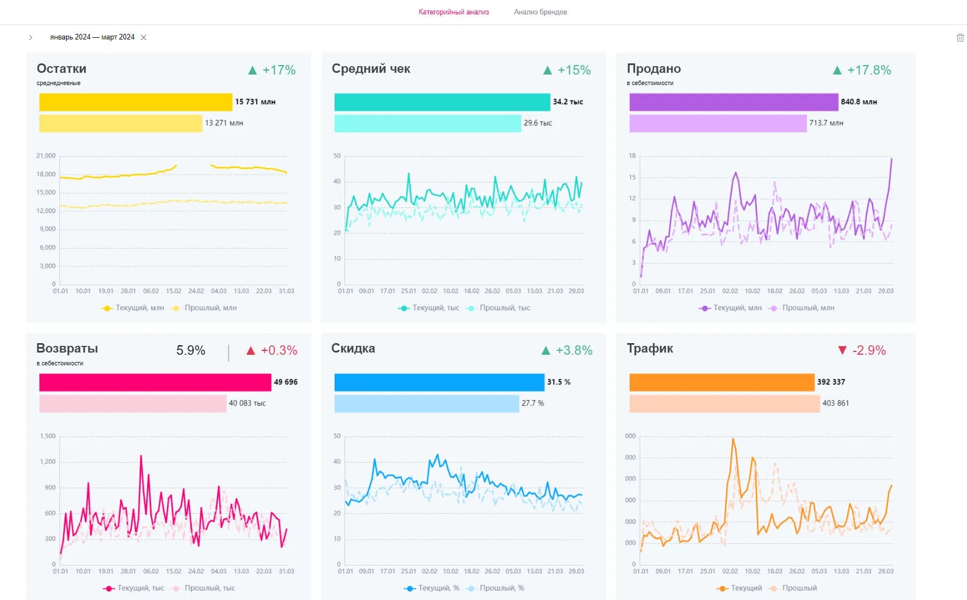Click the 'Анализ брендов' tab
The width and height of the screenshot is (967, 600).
tap(540, 12)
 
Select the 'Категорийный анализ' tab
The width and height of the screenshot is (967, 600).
tap(453, 12)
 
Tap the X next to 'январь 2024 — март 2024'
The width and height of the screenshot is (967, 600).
tap(143, 37)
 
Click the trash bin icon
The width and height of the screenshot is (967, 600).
tap(960, 37)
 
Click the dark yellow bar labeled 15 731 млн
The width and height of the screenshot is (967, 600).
tap(136, 102)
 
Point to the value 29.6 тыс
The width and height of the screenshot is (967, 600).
tap(537, 123)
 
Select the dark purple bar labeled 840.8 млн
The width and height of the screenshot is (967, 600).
tap(734, 102)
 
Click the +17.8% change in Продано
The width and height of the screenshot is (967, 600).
tap(869, 70)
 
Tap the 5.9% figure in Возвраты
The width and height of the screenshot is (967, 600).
tap(191, 350)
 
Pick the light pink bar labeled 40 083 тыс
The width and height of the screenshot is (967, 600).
tap(133, 403)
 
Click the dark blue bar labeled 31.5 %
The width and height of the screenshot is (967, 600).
tap(439, 382)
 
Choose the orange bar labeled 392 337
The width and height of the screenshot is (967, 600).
tap(721, 382)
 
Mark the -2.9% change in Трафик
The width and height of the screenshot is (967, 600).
tap(869, 350)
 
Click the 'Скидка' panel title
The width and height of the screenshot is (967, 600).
tap(353, 348)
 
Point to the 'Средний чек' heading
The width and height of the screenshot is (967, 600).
tap(371, 68)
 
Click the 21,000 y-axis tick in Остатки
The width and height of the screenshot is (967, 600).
tap(46, 156)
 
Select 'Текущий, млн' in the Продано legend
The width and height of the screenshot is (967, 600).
tap(737, 308)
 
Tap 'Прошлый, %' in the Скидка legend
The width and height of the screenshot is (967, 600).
tap(501, 588)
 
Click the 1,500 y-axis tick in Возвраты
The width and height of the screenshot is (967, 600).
tap(48, 436)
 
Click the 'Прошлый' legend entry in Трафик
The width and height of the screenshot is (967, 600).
tap(799, 588)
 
